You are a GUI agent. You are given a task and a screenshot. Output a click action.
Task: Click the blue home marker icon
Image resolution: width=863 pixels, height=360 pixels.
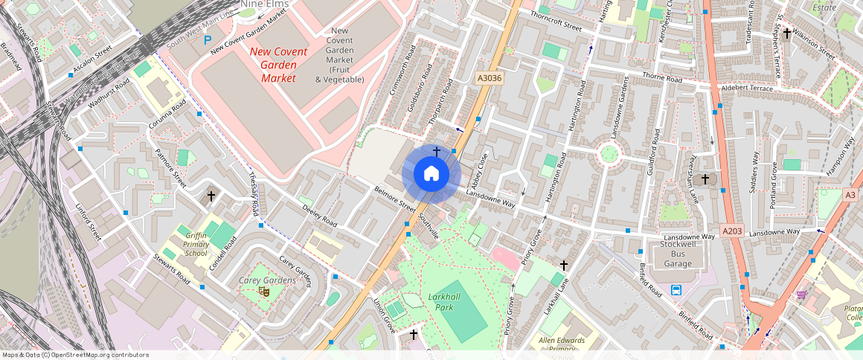tap(431, 174)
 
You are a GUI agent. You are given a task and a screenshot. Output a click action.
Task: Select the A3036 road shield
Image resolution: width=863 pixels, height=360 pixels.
tap(490, 77)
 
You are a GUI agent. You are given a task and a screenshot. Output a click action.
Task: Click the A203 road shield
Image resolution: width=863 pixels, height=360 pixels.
tap(733, 231)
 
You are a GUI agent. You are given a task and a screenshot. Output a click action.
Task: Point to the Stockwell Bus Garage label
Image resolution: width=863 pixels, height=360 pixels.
tap(677, 253)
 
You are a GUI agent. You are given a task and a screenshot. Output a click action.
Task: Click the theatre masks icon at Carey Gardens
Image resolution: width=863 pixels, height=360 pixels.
tap(263, 292)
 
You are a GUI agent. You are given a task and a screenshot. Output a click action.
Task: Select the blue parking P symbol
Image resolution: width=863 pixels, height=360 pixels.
tap(208, 39)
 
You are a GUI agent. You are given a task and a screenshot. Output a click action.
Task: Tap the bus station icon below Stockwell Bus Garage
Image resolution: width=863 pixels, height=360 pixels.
tap(676, 289)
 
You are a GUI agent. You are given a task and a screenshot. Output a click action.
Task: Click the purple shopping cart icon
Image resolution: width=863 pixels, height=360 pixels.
tap(802, 295)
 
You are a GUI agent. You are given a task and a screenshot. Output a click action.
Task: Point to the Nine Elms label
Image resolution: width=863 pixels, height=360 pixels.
tap(264, 4)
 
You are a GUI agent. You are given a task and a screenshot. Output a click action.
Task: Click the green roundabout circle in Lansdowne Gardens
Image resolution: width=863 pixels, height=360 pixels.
tap(609, 155)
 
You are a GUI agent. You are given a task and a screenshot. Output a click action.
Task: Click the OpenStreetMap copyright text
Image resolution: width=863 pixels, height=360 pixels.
tap(75, 355)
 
